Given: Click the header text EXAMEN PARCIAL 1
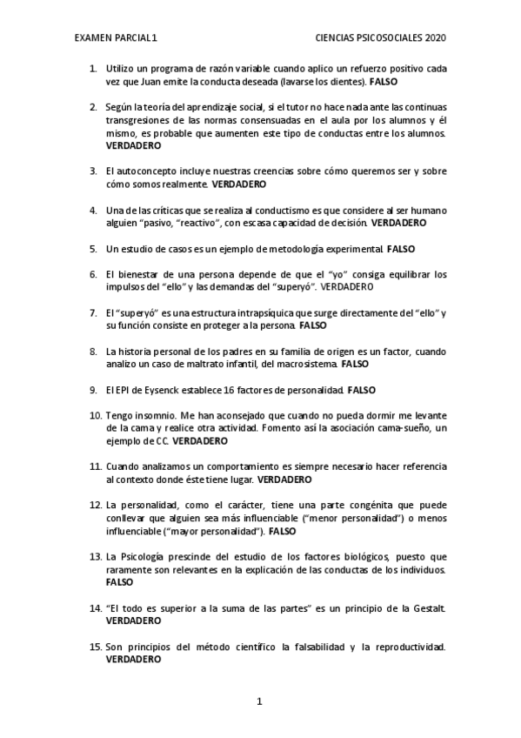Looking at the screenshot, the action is [116, 38].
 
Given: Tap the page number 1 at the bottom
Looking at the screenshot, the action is [260, 701].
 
